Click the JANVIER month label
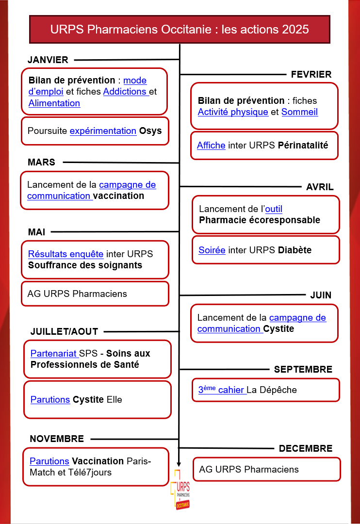tap(48, 60)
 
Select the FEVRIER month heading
tap(311, 74)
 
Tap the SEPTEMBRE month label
tap(303, 369)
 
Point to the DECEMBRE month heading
tap(306, 448)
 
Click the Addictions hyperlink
tap(125, 91)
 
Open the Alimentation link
tap(54, 103)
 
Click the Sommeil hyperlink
tap(299, 112)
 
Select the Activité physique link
tap(233, 112)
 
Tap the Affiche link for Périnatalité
tap(211, 145)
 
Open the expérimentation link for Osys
tap(103, 131)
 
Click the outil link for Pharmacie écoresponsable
tap(274, 209)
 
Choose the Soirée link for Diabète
tap(212, 250)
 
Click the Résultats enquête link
tap(65, 254)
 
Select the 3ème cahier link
tap(221, 390)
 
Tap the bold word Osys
tap(150, 131)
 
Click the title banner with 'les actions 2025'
tap(180, 29)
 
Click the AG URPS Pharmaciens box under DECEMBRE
tap(267, 469)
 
